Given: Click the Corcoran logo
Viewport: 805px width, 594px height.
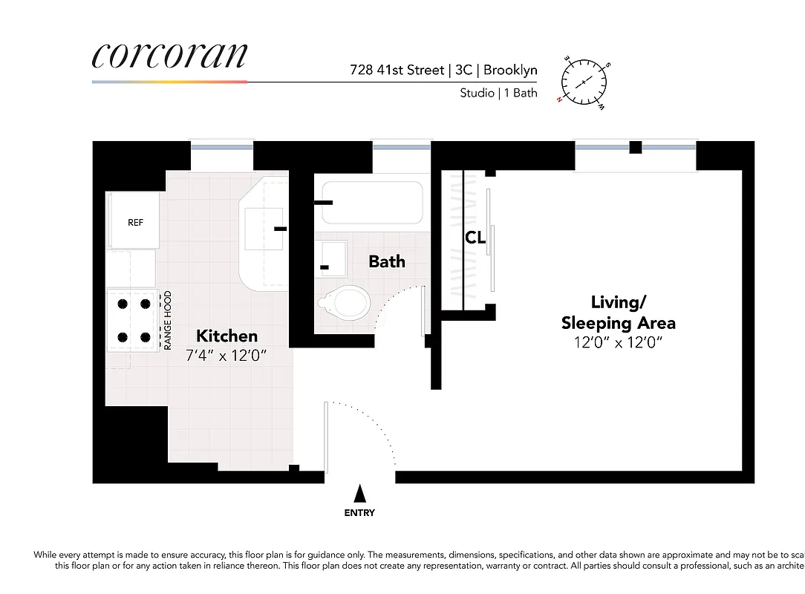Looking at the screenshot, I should point(169,56).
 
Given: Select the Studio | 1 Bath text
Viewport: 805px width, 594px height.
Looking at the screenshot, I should point(498,94).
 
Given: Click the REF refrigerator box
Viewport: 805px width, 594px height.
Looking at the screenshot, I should point(134,221).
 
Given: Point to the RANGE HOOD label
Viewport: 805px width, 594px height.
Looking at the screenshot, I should point(168,320).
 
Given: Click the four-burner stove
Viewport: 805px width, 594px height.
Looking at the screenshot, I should point(133,320).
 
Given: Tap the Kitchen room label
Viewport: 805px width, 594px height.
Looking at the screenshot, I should point(226,336).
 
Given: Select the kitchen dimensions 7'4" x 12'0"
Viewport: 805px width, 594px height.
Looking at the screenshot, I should point(226,355).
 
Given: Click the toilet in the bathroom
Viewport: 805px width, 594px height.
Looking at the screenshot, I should point(345,301).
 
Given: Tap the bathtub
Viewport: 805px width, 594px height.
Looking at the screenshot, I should point(372,202).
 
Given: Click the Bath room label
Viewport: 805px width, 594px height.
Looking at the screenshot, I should point(387,261).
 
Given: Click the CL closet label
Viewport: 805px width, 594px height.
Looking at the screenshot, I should point(475,238).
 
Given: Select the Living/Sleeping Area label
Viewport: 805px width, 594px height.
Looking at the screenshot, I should point(618,313).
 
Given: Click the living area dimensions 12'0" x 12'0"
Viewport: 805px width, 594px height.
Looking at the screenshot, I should point(618,342).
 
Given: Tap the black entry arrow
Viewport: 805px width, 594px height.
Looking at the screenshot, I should point(359,494).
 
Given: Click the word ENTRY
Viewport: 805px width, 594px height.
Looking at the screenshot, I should point(359,513).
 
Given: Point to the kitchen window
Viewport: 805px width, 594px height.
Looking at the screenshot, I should point(222,147).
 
